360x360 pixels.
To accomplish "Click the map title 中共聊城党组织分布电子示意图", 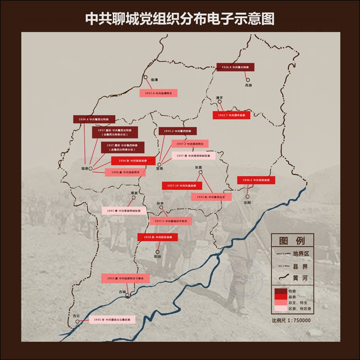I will [180, 18].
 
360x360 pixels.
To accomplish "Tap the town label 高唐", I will [248, 85].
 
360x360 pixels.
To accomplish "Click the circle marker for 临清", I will [145, 77].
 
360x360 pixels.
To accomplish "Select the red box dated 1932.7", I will [231, 115].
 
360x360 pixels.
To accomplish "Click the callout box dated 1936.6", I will [95, 119].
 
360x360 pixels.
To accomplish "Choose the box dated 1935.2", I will [178, 131].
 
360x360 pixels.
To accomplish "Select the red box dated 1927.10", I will [180, 185].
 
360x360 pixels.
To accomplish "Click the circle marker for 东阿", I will [248, 196].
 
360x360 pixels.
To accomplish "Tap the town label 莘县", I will [134, 193].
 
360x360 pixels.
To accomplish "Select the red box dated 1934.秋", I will [157, 237].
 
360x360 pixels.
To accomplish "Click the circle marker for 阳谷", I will [157, 251].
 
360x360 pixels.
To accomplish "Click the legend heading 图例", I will [292, 240].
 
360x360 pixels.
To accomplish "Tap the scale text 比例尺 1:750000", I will [291, 320].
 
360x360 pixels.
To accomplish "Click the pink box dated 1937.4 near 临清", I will [158, 93].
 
